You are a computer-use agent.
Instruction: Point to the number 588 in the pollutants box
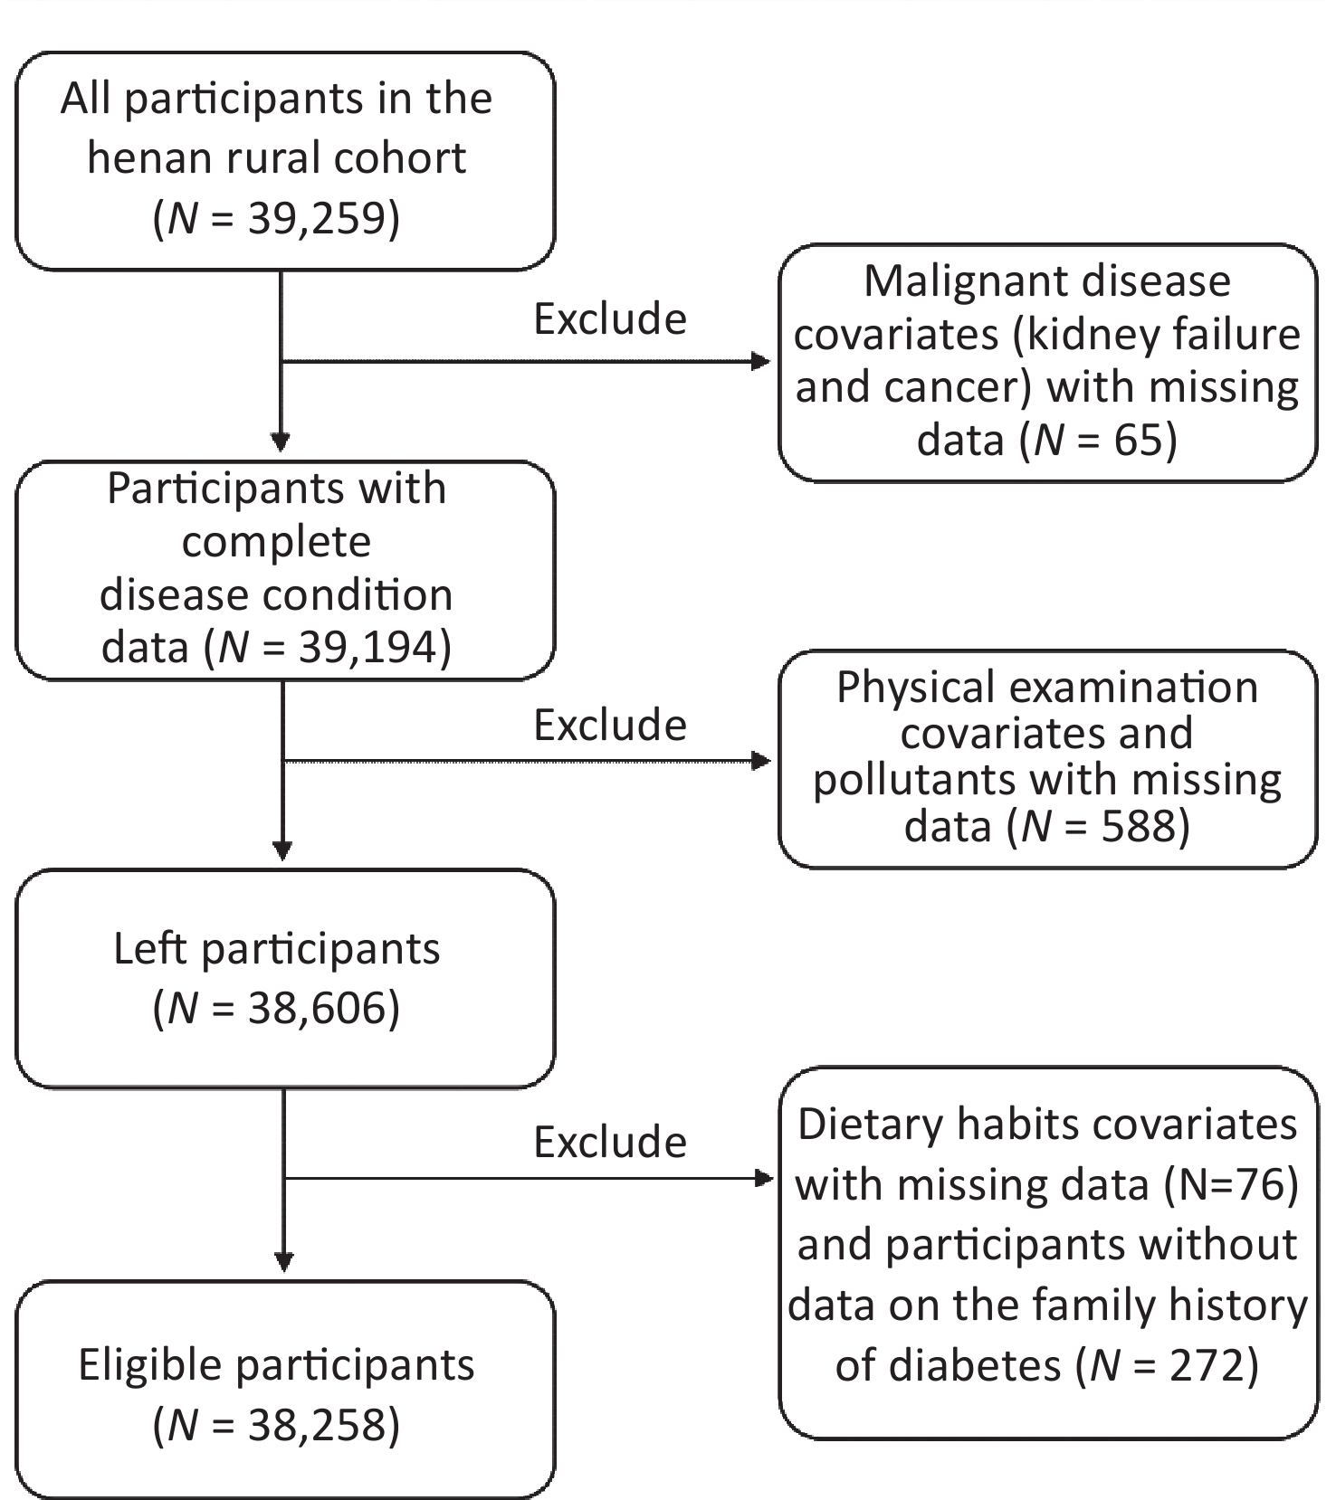(x=1138, y=826)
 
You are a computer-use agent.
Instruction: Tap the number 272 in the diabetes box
(x=1207, y=1364)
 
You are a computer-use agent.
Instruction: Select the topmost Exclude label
(x=610, y=319)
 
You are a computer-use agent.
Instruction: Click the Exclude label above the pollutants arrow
(x=610, y=726)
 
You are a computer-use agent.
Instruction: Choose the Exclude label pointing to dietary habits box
(x=610, y=1143)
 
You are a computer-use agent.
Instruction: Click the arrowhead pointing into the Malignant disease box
(x=762, y=362)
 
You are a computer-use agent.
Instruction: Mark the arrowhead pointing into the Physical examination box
(x=762, y=761)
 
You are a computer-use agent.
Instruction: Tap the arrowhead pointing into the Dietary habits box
(x=765, y=1178)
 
